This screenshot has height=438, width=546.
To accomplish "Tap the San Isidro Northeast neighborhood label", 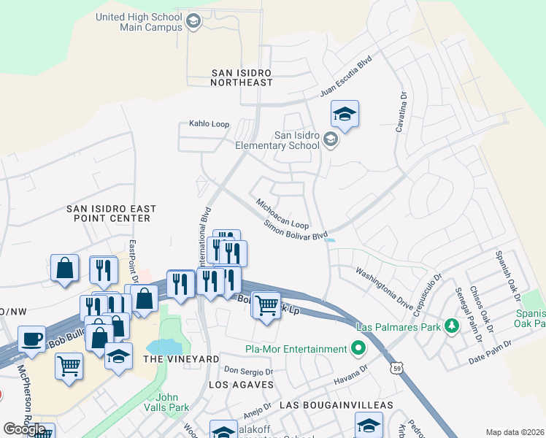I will (x=241, y=77).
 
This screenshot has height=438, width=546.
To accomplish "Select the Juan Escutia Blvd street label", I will (x=346, y=78).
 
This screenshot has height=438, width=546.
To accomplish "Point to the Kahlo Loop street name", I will (x=209, y=124).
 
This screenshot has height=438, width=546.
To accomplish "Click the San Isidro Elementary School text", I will (x=277, y=139).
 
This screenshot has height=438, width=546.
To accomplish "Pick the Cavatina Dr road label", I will (x=401, y=112).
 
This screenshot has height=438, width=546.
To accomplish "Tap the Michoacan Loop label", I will (x=282, y=212).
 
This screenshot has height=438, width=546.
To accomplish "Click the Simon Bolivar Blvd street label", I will (x=296, y=230).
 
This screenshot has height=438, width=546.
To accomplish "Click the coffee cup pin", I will (x=31, y=339).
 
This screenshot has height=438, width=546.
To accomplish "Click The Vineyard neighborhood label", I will (x=171, y=360).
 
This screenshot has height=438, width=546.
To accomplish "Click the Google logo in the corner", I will (x=25, y=429).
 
